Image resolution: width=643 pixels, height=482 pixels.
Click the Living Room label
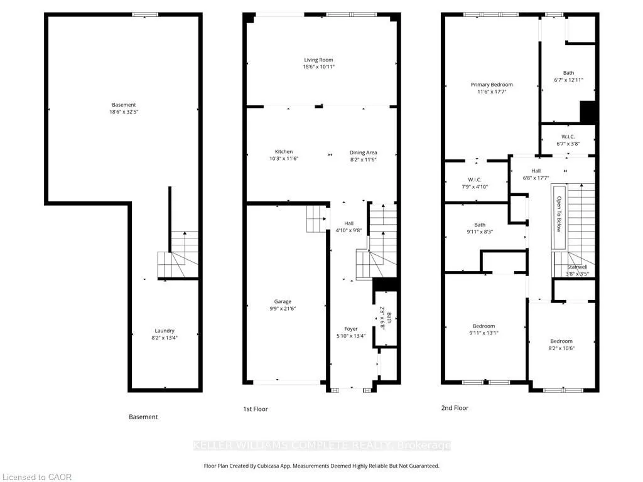[x=318, y=60]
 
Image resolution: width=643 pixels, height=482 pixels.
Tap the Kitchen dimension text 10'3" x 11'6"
[x=284, y=159]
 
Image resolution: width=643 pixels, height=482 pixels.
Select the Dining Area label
[x=364, y=153]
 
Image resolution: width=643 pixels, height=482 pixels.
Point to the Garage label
[x=283, y=302]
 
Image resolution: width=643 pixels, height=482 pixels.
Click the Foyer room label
[x=351, y=329]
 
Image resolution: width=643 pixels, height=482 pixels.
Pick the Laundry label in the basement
[x=165, y=331]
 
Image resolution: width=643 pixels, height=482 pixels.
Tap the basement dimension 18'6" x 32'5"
[x=124, y=112]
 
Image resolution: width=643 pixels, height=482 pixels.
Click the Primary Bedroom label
[x=492, y=85]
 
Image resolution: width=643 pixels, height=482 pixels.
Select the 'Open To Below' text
[x=558, y=215]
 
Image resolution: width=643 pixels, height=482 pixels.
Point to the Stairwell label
[x=578, y=267]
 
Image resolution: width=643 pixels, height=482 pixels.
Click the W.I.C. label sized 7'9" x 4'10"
[x=475, y=180]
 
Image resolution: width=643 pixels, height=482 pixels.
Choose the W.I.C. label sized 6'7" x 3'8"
[x=568, y=137]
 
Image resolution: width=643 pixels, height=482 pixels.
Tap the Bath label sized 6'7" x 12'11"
[x=568, y=73]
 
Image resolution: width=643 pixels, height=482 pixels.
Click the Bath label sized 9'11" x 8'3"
[x=480, y=225]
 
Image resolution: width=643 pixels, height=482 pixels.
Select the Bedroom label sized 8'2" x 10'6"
[x=561, y=341]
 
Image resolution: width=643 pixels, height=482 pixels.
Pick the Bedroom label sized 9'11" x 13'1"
[x=484, y=326]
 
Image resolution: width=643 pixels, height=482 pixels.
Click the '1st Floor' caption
[x=256, y=409]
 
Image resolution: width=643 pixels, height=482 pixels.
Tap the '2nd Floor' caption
[x=455, y=408]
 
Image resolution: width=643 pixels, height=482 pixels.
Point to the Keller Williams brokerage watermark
[x=322, y=446]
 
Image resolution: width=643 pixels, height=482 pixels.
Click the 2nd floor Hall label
[x=536, y=171]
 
